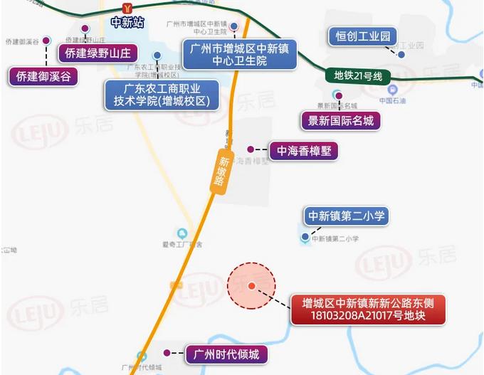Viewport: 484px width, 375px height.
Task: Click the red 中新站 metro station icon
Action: (127, 8)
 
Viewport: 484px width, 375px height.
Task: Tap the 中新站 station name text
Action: (127, 21)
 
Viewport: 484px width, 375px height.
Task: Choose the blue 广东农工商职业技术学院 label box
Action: (162, 94)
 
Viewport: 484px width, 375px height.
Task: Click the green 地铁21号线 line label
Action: (359, 75)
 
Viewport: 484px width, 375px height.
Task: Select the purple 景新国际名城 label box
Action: (340, 120)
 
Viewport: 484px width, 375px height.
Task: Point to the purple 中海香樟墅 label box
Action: (293, 150)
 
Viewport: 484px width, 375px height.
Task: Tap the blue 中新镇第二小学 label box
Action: (347, 215)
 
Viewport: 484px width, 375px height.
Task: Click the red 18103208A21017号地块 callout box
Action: (367, 308)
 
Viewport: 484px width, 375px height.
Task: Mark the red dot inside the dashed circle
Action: (251, 286)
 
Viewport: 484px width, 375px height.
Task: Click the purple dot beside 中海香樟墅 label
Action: (250, 149)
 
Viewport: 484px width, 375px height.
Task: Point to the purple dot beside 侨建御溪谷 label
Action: (47, 40)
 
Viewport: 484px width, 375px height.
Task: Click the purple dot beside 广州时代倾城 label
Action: (167, 353)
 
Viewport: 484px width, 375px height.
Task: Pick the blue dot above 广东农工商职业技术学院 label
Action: (156, 55)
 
